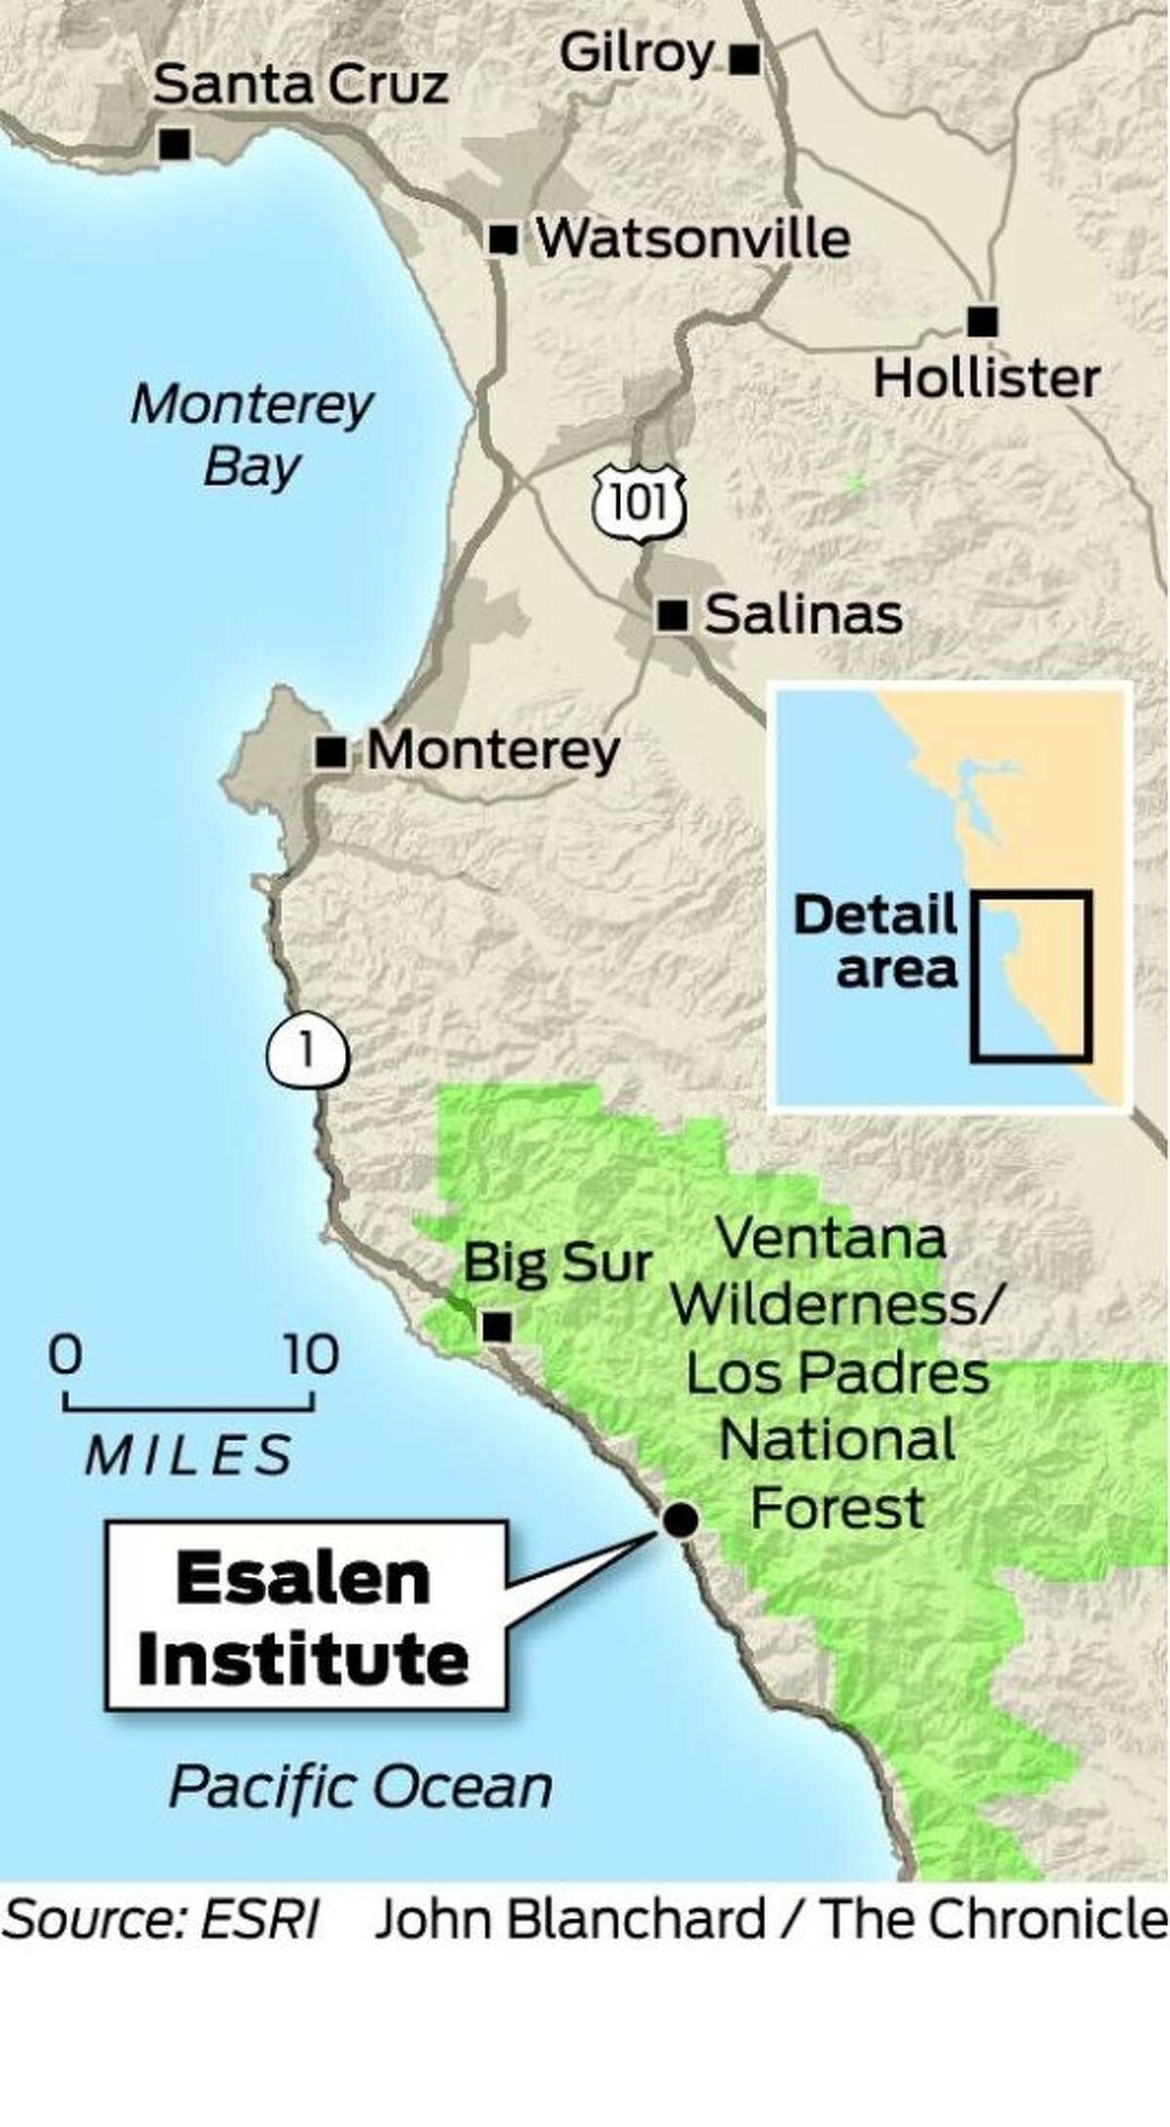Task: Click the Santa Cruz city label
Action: tap(300, 86)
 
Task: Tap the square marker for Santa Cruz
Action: tap(175, 144)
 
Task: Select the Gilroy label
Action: tap(638, 54)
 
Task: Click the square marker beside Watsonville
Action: tap(503, 239)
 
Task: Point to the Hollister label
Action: tap(986, 378)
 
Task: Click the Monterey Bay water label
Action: tap(252, 436)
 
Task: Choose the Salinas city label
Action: tap(803, 615)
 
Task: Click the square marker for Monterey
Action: tap(332, 752)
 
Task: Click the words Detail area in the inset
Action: tap(876, 943)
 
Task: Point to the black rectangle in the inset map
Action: tap(1031, 976)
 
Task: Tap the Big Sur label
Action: tap(557, 1263)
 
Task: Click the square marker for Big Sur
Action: tap(498, 1326)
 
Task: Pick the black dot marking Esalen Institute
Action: tap(680, 1519)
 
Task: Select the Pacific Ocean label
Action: tap(361, 1787)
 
